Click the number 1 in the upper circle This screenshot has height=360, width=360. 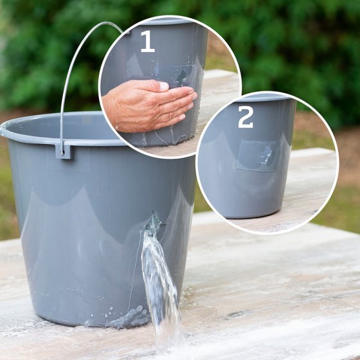tap(148, 41)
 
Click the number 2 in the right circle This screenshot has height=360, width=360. tap(246, 117)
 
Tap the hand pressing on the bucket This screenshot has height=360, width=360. tap(149, 105)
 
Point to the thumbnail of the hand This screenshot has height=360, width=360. tap(164, 85)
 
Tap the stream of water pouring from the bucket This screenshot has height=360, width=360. tap(161, 287)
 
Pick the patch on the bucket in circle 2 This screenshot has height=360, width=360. tap(258, 156)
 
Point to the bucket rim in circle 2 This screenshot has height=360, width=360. tap(264, 98)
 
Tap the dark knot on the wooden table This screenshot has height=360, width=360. tap(235, 314)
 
